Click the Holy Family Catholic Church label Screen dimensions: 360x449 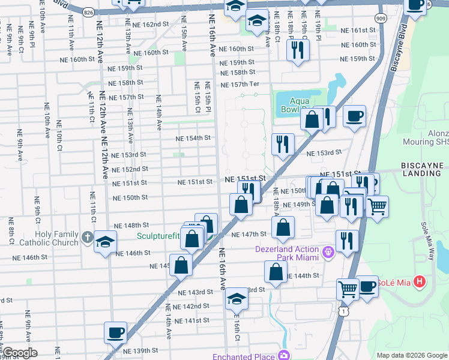(40, 238)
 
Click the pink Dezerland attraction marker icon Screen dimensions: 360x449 (328, 252)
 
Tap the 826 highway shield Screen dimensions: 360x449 (88, 12)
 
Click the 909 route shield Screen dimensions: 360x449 (381, 18)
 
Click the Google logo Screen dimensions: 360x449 (20, 352)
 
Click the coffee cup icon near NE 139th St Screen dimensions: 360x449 (115, 332)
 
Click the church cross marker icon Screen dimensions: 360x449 (88, 236)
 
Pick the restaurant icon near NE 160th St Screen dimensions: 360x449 (298, 50)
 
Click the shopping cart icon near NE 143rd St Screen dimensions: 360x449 (348, 290)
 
